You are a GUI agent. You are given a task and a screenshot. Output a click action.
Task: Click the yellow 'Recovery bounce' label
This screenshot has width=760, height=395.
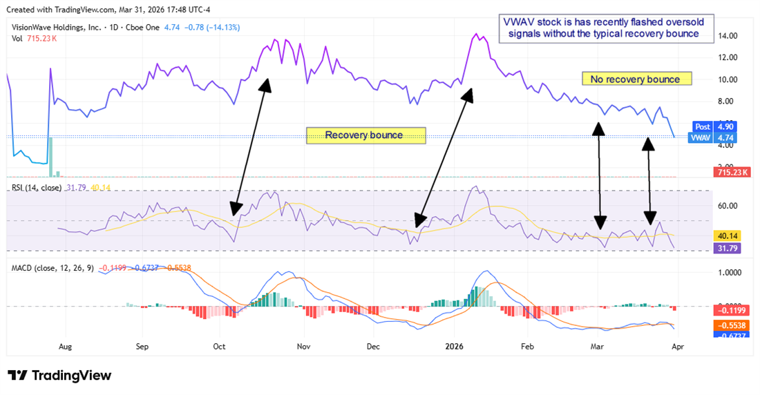click(365, 135)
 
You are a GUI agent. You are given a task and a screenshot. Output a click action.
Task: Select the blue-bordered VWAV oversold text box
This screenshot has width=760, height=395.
click(603, 28)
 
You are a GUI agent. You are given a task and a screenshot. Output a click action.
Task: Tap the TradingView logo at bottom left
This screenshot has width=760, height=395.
click(59, 375)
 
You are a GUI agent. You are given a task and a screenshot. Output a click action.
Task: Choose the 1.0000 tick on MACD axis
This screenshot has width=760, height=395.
click(729, 272)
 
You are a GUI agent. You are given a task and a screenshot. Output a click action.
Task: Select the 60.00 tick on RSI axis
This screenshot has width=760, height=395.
click(725, 206)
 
